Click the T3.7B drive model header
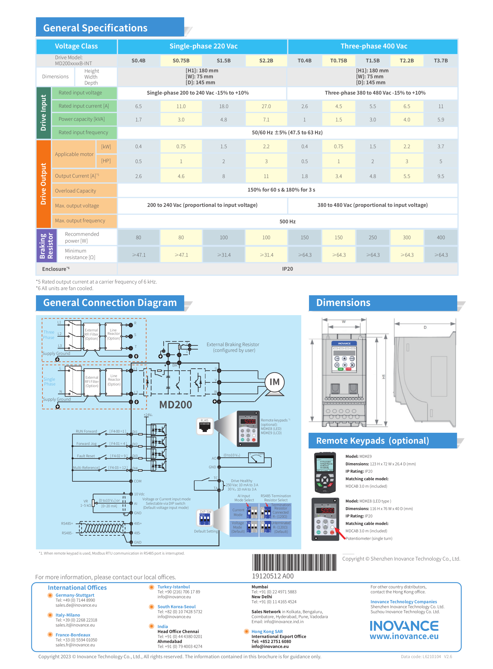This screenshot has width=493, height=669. pos(440,61)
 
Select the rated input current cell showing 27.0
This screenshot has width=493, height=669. pos(266,106)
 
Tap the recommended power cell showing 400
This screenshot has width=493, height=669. pos(440,237)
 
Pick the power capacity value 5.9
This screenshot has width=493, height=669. pos(440,120)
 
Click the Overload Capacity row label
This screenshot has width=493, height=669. pos(76,191)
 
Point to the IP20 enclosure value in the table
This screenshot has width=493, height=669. pos(287,269)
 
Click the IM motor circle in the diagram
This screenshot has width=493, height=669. pos(274,382)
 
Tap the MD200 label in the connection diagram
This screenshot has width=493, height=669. pos(175,405)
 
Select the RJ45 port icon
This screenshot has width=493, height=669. pos(205,426)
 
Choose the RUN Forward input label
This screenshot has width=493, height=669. pos(86,431)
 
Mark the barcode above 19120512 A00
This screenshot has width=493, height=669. pos(294,562)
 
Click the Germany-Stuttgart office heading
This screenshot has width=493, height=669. pos(74,595)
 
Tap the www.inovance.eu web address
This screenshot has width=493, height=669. pos(404,636)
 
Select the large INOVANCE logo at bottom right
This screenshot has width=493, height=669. pos(404,626)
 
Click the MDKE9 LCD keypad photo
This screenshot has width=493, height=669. pos(325,472)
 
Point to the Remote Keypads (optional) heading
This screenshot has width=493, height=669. pos(372,441)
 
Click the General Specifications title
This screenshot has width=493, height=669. pos(95,28)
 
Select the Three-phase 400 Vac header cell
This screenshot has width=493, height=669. pos(374,46)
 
